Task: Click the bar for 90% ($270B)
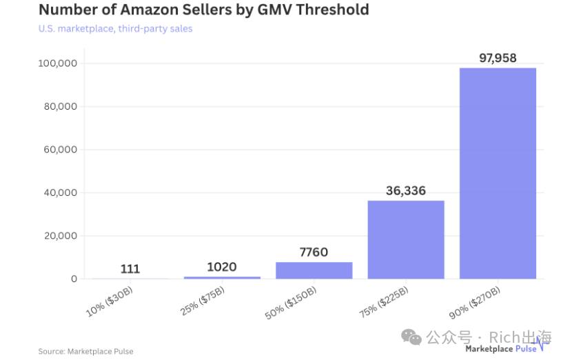(498, 173)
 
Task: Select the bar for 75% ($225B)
(406, 239)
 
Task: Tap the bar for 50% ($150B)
(314, 270)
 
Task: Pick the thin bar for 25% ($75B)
(222, 278)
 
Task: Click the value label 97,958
(498, 58)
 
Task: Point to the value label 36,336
(406, 191)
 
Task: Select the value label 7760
(314, 252)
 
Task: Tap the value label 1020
(222, 267)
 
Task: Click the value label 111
(130, 269)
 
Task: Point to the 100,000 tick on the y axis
(58, 63)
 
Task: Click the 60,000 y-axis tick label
(61, 150)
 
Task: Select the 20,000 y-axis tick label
(61, 236)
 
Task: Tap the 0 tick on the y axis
(74, 279)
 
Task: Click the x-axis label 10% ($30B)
(110, 301)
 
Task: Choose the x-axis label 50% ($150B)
(291, 303)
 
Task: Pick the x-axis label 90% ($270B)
(475, 303)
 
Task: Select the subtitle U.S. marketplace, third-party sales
(116, 29)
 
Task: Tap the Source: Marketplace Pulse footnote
(85, 351)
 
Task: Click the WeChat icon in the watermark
(411, 337)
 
